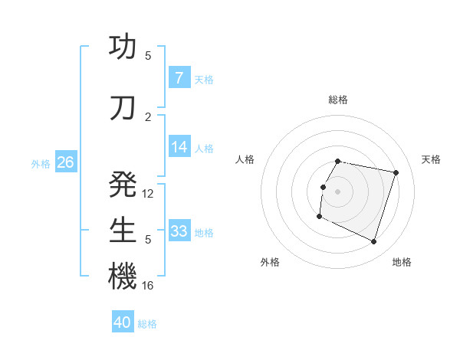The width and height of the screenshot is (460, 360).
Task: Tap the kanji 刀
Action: click(123, 107)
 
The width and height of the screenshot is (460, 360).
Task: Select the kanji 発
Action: click(123, 184)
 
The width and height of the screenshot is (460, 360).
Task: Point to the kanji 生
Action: click(123, 230)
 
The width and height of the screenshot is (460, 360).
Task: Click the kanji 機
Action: click(123, 276)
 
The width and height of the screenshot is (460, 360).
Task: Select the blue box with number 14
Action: click(179, 148)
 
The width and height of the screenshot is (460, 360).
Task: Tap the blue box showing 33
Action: click(179, 232)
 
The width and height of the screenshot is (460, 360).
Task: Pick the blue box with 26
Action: click(65, 163)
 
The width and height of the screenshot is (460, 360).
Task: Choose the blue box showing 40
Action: click(123, 323)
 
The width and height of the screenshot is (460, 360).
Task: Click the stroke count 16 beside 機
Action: click(148, 285)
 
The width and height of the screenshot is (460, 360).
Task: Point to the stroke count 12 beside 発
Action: click(148, 194)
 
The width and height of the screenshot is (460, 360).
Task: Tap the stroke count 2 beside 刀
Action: click(148, 116)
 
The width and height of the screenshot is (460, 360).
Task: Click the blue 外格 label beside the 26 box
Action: click(41, 164)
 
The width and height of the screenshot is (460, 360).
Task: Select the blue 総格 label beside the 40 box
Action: click(148, 324)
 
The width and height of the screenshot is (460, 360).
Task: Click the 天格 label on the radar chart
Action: click(431, 159)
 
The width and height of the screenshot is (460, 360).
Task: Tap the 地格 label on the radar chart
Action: click(402, 262)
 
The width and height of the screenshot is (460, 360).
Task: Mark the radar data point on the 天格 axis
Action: click(396, 172)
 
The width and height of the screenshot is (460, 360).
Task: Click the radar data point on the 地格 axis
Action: click(373, 242)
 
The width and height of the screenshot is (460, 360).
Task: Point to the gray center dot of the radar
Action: click(337, 191)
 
